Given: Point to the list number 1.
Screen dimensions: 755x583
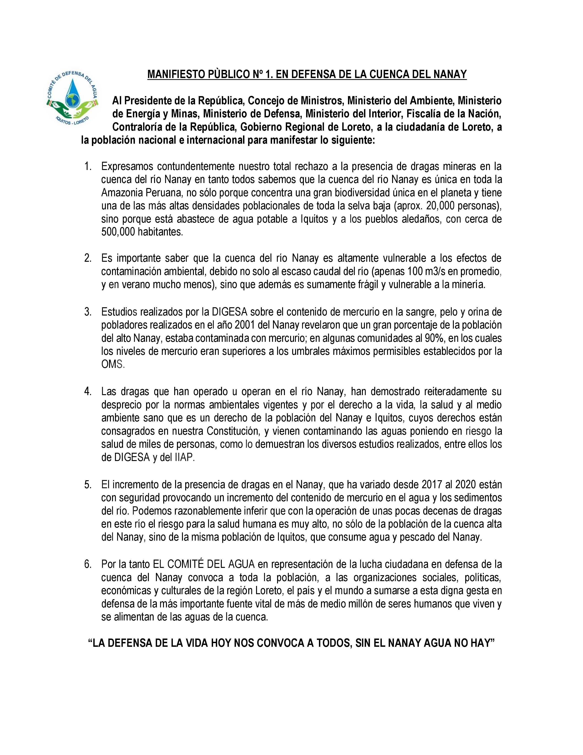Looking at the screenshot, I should click(88, 167).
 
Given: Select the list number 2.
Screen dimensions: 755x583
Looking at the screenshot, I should click(88, 258).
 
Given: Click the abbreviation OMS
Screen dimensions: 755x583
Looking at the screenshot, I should click(112, 365).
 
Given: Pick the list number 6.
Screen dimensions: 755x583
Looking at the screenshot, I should click(88, 564).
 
